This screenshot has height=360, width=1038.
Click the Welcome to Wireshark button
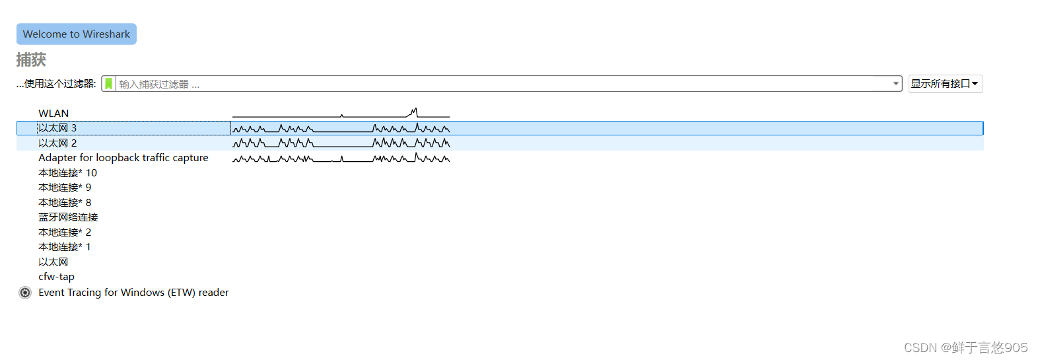pos(76,34)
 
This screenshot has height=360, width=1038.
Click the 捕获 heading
pos(31,60)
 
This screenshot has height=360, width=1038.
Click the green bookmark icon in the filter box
pos(109,84)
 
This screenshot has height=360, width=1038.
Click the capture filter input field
pos(502,84)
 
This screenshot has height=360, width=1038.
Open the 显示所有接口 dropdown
pos(945,84)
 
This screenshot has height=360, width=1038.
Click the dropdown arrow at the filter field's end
pos(895,84)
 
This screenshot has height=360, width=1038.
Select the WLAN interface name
pos(53,114)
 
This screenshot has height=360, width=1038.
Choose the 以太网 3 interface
pos(57,128)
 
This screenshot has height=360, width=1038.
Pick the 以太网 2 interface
pos(57,143)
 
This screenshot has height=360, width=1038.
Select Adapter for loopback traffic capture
pos(123,158)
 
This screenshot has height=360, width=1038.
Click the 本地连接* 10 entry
pos(67,173)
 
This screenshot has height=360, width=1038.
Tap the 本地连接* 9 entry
pos(65,188)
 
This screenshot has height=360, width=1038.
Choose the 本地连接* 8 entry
pos(65,203)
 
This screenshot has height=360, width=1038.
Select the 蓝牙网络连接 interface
pos(68,217)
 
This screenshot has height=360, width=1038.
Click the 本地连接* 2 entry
pos(65,233)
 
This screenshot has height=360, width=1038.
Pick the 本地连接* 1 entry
pos(65,247)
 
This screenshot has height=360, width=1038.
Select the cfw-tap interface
pos(56,277)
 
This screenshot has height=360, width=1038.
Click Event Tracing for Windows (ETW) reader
pos(133,293)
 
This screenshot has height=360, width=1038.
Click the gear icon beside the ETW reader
pos(25,293)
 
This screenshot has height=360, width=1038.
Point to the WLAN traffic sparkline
pos(341,114)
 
